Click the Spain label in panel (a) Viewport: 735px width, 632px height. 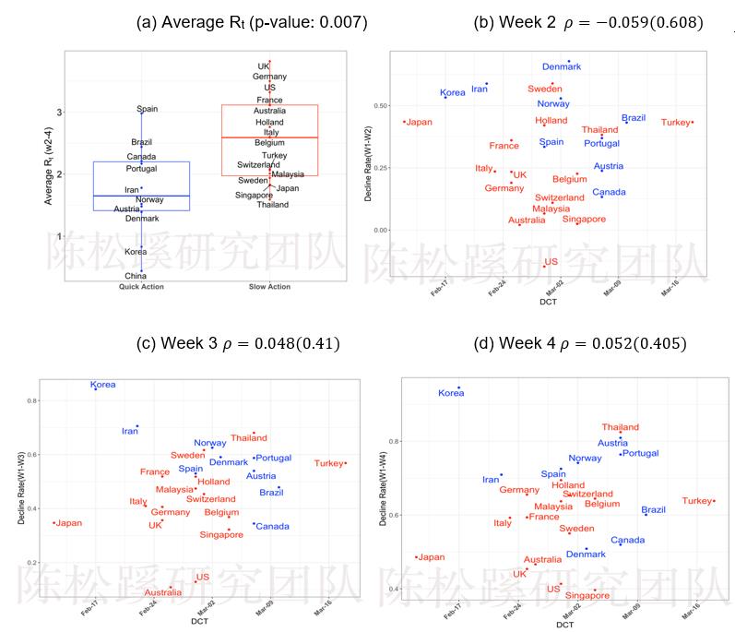[x=148, y=109]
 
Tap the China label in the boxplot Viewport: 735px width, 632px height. [x=136, y=276]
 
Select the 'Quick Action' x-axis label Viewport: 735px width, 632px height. [x=141, y=287]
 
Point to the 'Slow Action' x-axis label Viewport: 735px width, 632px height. [x=268, y=287]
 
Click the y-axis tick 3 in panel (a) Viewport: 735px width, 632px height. [x=60, y=113]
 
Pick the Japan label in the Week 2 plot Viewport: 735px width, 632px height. [x=419, y=122]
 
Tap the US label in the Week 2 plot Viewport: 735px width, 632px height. [x=551, y=262]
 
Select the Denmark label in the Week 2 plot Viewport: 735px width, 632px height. [x=562, y=67]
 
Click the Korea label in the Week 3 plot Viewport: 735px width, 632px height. [x=103, y=385]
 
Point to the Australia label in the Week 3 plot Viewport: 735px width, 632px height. [x=162, y=592]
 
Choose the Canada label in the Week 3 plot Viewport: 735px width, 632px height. [x=272, y=527]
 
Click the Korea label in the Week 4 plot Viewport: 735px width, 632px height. [x=451, y=393]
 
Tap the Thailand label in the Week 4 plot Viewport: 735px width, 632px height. [x=620, y=427]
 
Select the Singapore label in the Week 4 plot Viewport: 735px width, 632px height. [x=587, y=596]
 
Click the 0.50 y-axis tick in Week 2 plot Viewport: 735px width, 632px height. [x=380, y=105]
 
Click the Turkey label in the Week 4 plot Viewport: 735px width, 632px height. [x=697, y=501]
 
